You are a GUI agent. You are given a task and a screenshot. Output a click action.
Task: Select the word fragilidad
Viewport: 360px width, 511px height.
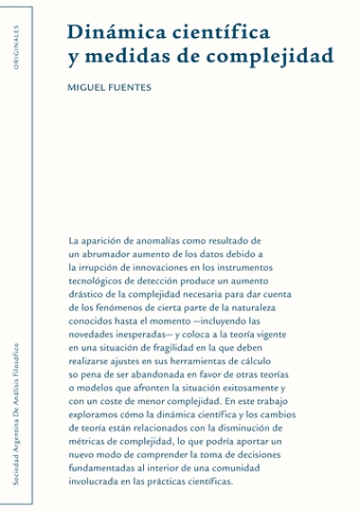pos(184,349)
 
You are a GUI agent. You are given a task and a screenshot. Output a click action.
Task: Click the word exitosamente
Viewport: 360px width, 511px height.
pos(253,390)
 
